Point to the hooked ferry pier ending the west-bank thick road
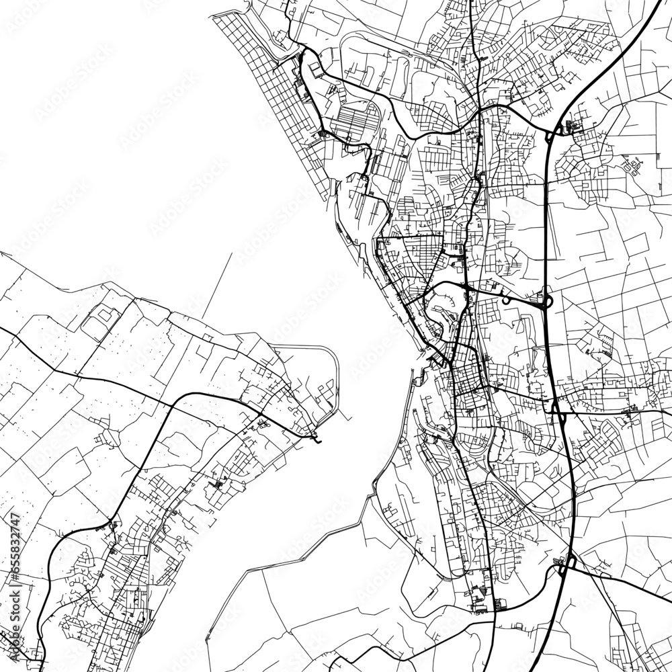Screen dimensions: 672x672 point(317,440)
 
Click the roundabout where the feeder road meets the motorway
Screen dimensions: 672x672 point(545,302)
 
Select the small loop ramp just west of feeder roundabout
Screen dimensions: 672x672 point(505,300)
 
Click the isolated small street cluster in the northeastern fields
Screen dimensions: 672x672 point(633,164)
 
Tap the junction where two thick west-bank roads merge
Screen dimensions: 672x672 point(109,521)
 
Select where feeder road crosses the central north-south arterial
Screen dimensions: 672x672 point(466,288)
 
